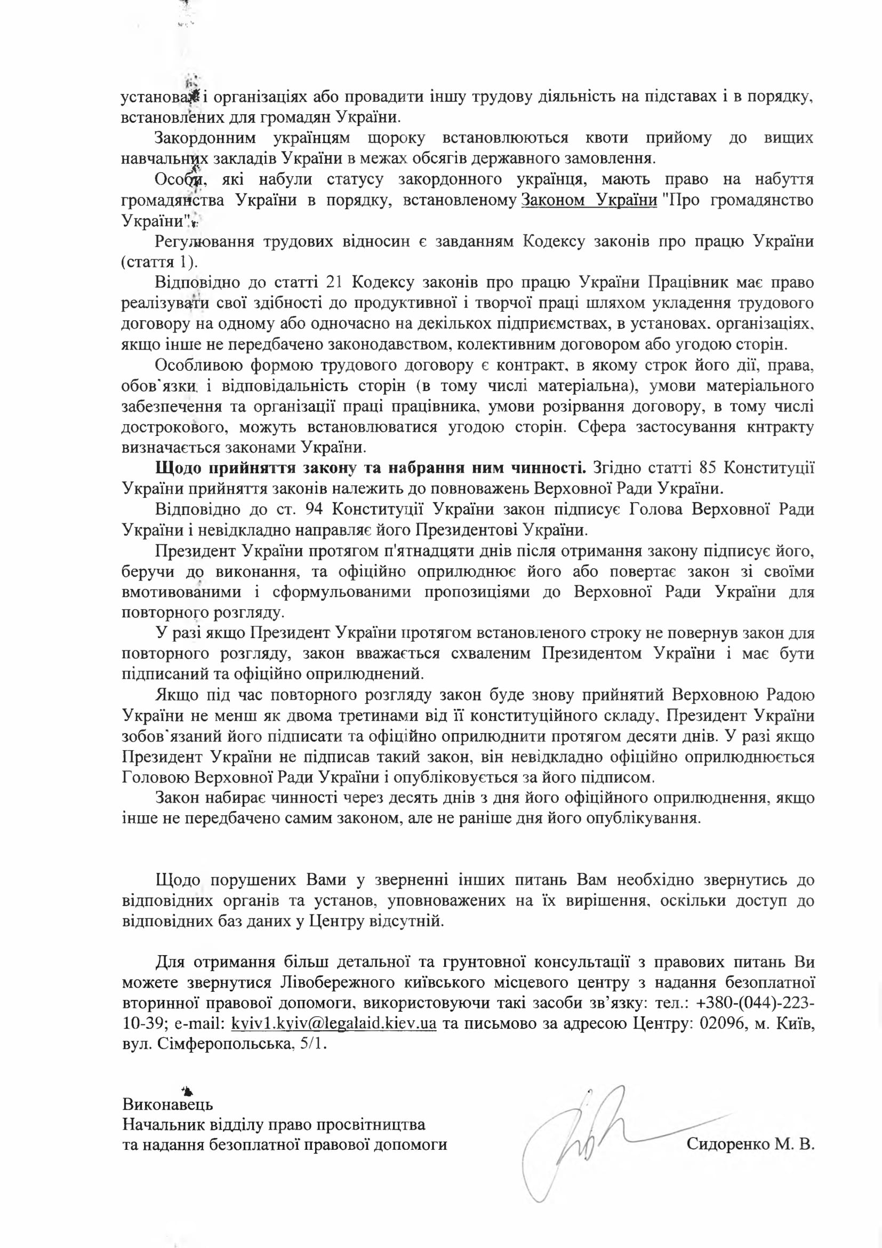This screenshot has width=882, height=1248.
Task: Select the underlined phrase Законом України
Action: tap(589, 200)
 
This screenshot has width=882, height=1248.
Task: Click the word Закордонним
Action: tap(205, 138)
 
